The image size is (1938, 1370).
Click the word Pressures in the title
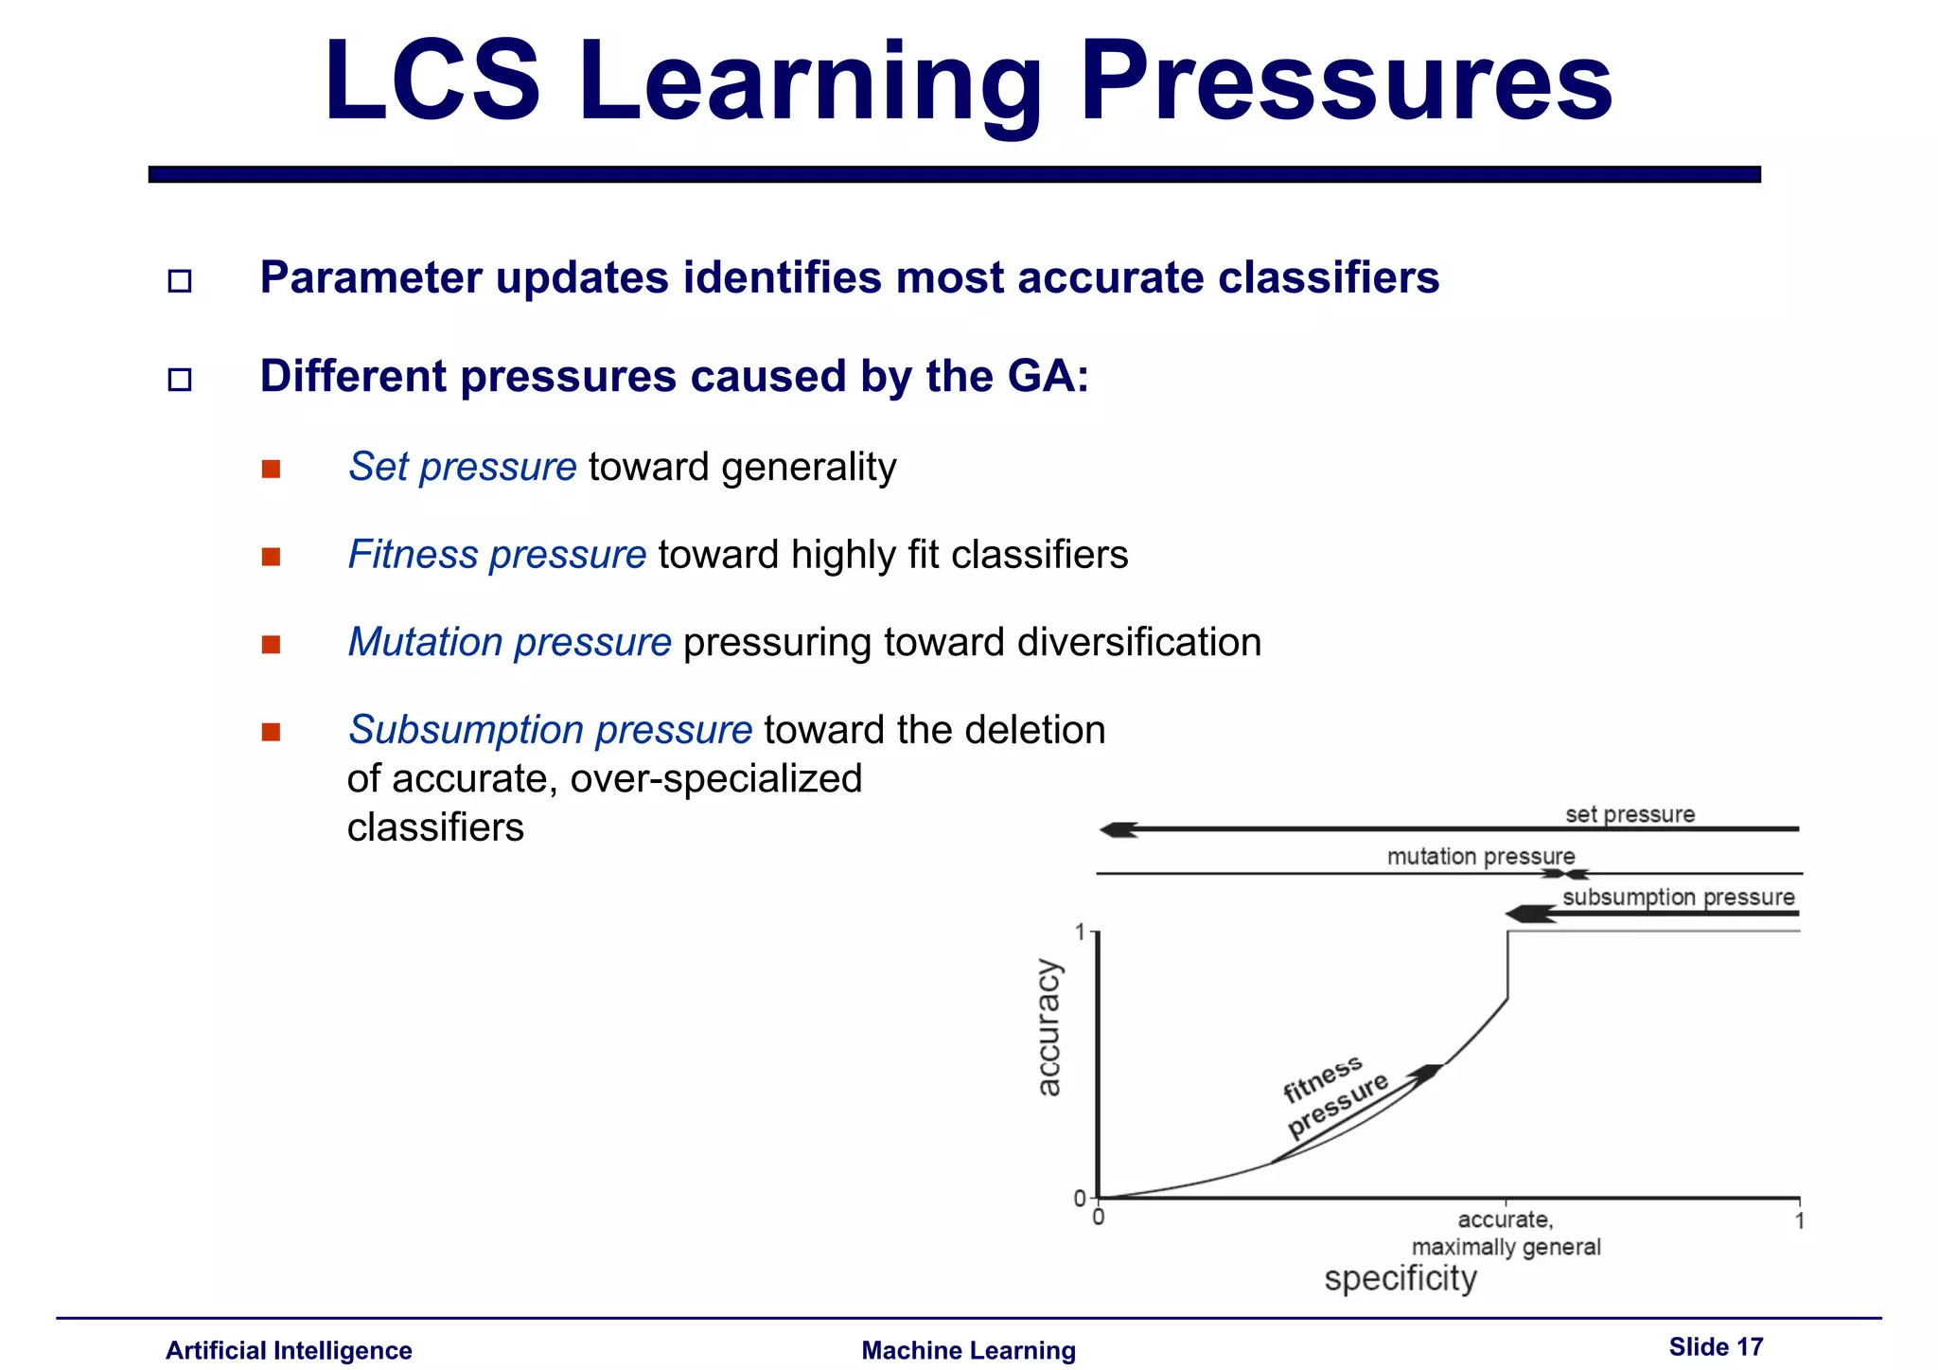click(1346, 83)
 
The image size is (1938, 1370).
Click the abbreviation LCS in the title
click(432, 83)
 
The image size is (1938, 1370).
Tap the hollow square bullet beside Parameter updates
click(179, 281)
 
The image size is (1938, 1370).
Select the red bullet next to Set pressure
click(272, 470)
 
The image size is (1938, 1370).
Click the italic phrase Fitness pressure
click(497, 555)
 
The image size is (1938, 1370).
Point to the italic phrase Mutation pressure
click(509, 643)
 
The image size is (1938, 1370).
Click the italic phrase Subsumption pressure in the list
click(550, 730)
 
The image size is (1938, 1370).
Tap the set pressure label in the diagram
click(1630, 814)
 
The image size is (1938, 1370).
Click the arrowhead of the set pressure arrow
click(1118, 830)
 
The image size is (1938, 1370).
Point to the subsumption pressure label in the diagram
click(1678, 897)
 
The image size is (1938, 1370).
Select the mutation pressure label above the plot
click(1480, 857)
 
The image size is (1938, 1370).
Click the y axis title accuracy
click(1048, 1028)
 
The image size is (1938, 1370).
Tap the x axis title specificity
click(1400, 1279)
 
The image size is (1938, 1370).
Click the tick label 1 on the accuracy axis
click(1081, 934)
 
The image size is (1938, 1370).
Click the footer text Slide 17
click(1715, 1347)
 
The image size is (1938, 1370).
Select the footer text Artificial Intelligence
click(289, 1351)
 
